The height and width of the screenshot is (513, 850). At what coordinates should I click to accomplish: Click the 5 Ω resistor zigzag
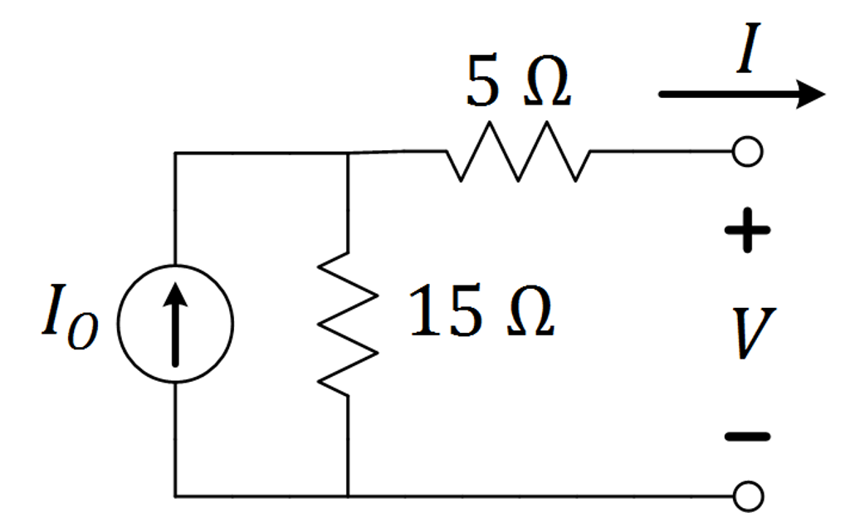pyautogui.click(x=518, y=152)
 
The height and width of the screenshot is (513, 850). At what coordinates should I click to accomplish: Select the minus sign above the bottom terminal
pyautogui.click(x=747, y=435)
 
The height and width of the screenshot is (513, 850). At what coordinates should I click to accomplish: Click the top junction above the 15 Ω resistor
pyautogui.click(x=348, y=154)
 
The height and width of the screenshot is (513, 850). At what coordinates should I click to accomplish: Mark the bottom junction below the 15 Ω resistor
pyautogui.click(x=348, y=496)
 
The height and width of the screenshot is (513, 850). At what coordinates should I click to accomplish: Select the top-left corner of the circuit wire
pyautogui.click(x=175, y=154)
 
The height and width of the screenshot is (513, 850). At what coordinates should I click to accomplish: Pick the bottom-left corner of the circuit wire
pyautogui.click(x=175, y=496)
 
